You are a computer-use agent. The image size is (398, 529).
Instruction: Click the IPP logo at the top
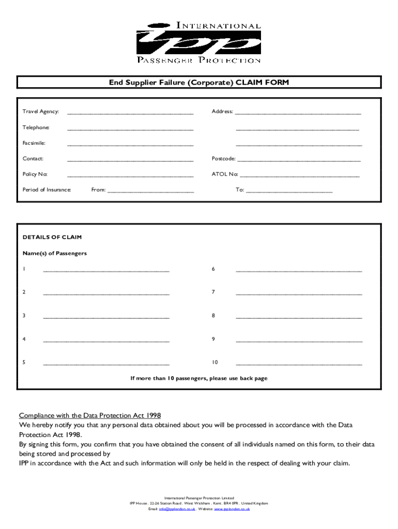[198, 42]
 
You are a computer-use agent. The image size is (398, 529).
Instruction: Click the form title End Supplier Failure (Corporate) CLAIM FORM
[198, 83]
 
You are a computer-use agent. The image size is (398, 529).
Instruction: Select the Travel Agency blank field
[130, 113]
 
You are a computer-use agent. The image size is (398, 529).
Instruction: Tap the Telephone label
[36, 128]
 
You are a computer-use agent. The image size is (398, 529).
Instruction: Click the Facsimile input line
[130, 144]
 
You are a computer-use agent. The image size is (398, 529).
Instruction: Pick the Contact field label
[33, 159]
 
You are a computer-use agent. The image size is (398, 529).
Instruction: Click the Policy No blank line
[130, 176]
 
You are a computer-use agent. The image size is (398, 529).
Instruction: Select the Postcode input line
[299, 160]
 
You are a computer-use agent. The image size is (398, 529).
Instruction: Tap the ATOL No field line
[300, 176]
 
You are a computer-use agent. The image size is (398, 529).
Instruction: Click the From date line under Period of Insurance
[150, 191]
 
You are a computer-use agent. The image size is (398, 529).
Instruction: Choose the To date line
[289, 191]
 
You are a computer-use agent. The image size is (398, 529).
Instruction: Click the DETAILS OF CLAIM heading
[52, 238]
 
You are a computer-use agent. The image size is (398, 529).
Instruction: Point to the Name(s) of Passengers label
[54, 254]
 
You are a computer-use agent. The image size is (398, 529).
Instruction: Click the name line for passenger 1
[106, 270]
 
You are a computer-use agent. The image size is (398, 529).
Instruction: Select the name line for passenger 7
[299, 293]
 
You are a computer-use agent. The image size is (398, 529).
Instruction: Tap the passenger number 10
[215, 363]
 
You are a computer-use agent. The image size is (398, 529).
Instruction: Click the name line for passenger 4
[106, 340]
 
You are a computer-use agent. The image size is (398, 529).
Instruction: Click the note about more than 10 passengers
[198, 379]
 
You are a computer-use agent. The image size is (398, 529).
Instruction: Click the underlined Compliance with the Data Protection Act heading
[90, 415]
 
